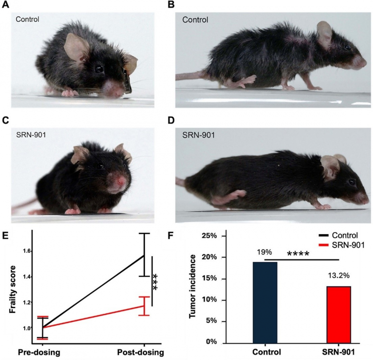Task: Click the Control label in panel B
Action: coord(195,20)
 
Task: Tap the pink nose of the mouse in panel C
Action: coord(123,183)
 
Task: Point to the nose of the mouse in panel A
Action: coord(112,90)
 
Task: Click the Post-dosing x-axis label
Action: coord(141,353)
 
